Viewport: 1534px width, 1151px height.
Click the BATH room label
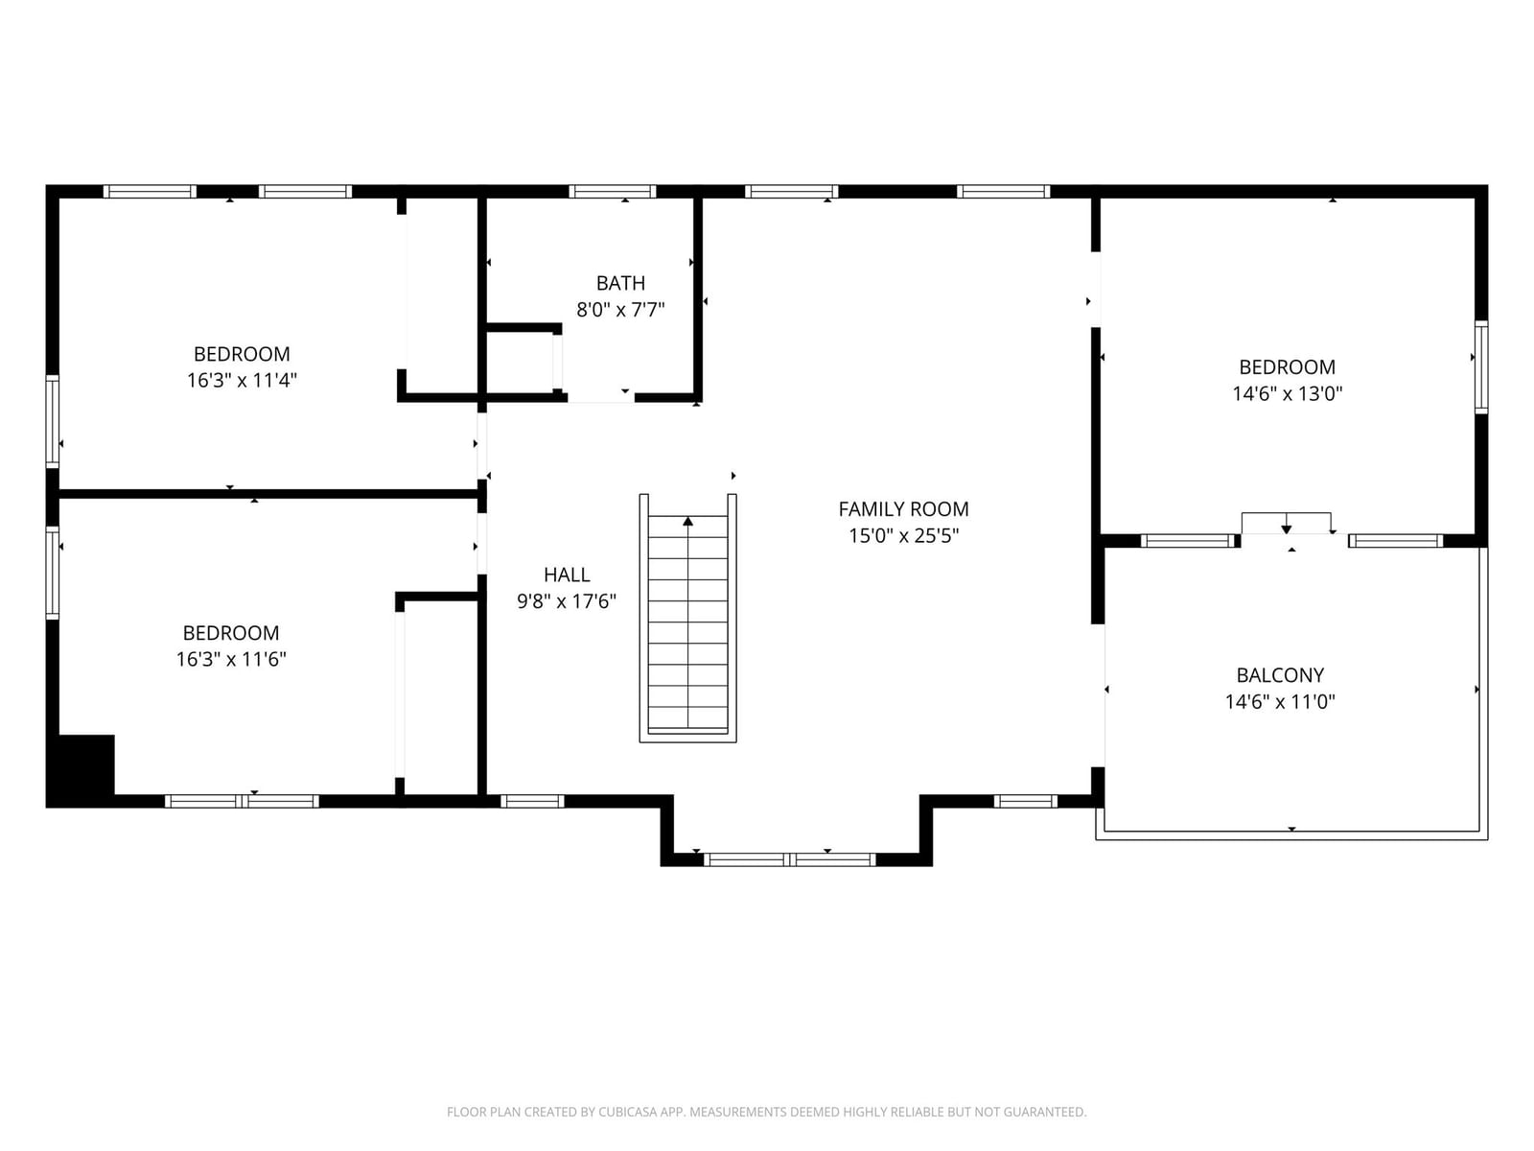pos(620,283)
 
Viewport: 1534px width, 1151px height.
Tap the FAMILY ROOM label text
pos(903,508)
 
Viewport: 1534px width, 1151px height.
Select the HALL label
pos(567,575)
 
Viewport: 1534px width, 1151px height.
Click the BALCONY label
pos(1280,675)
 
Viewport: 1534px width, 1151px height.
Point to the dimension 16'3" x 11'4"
pos(242,380)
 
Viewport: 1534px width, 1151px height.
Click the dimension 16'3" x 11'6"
pos(231,659)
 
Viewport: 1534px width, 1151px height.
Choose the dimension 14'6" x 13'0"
pos(1288,393)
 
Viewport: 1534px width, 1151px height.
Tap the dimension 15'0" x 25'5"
pos(903,536)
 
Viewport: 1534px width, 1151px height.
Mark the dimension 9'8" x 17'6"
pos(567,601)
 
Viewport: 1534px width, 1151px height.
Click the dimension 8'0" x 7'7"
pos(620,310)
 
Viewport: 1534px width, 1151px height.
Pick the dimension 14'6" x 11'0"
pos(1280,702)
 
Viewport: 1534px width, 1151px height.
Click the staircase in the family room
pos(687,618)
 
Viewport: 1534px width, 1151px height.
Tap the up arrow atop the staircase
pos(687,522)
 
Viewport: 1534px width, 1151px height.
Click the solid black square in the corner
pos(81,771)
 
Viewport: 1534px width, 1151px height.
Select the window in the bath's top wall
pos(613,192)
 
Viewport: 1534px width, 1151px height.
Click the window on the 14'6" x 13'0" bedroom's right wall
pos(1481,367)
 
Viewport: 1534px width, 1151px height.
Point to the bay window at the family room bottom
pos(790,859)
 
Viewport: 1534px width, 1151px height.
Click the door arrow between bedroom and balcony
pos(1286,529)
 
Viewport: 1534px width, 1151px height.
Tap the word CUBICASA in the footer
pos(628,1112)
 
